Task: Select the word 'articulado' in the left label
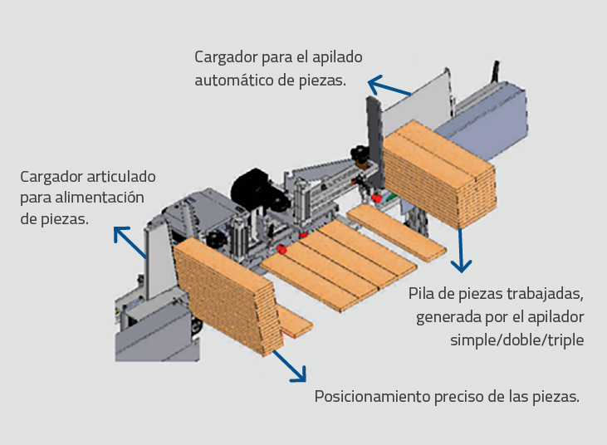click(120, 177)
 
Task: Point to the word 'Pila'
click(424, 295)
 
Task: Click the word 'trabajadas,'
click(544, 295)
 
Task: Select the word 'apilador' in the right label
click(557, 317)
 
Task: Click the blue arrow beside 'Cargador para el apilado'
click(389, 88)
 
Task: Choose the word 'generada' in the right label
click(448, 317)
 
